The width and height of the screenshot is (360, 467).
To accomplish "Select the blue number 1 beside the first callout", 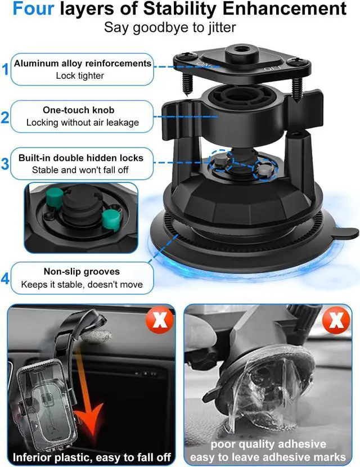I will click(6, 70).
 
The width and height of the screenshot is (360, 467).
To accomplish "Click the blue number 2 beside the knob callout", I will click(6, 117).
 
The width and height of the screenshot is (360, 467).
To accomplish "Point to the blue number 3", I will click(6, 164).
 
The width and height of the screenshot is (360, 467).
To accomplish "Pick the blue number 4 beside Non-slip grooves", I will click(6, 278).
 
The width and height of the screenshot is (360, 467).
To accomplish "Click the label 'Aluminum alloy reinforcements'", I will click(83, 64).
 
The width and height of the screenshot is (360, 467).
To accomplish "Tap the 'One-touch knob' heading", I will click(82, 110).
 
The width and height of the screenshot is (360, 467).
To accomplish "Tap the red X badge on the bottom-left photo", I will click(160, 322).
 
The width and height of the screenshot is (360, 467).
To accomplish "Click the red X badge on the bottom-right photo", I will click(336, 322).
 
